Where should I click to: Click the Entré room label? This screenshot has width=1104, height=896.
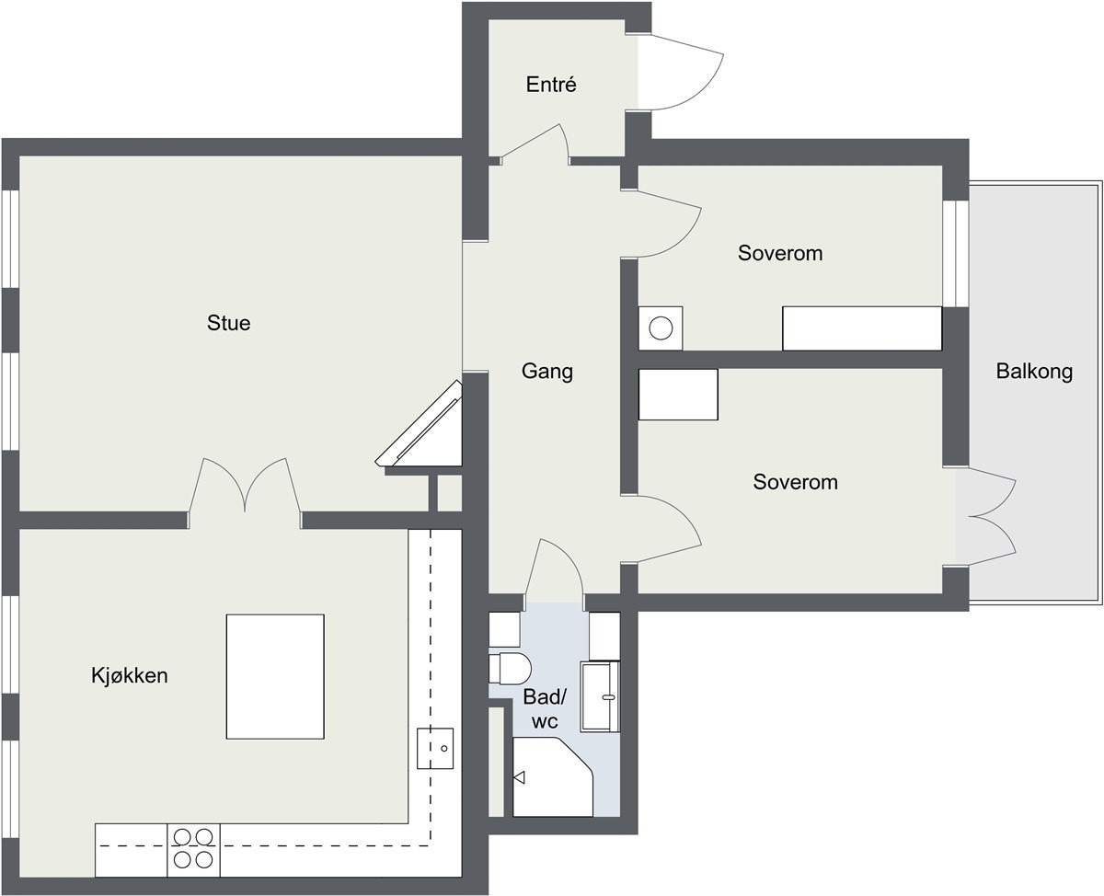(551, 85)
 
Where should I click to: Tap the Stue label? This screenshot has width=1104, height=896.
(228, 323)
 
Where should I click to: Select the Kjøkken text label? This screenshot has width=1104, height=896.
(129, 675)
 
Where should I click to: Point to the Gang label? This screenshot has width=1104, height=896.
(546, 371)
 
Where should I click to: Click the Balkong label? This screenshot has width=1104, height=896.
(1034, 372)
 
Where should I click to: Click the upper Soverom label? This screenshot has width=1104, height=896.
(779, 252)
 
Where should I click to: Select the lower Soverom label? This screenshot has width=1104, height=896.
(795, 481)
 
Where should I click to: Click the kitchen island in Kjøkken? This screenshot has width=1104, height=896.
(275, 676)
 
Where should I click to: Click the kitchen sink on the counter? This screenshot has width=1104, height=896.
(435, 747)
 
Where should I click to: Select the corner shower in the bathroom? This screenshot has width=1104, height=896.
(552, 777)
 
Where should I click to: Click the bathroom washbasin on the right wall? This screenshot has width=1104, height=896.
(601, 696)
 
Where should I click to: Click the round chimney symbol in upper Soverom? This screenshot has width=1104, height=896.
(661, 327)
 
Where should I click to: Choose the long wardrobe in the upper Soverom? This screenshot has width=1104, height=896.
(862, 328)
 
